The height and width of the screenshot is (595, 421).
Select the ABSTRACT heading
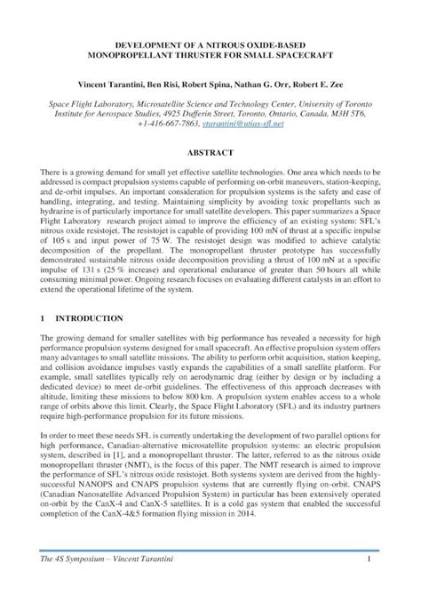coord(210,152)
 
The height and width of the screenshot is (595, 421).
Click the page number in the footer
coord(368,583)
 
